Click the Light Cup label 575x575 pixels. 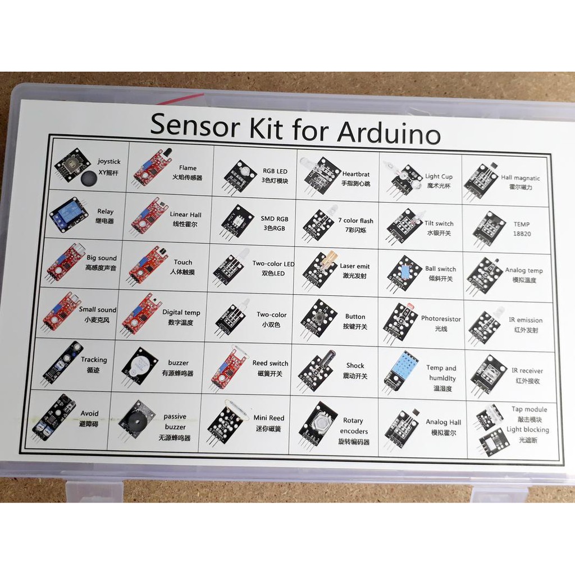tap(439, 176)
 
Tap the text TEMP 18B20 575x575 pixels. tap(521, 229)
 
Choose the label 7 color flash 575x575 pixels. tap(355, 221)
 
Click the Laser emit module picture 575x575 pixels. tap(320, 270)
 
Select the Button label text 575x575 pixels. tap(355, 317)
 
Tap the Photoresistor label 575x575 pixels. tap(441, 318)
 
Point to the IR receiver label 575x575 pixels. tap(527, 371)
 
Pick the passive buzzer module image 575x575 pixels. tap(136, 419)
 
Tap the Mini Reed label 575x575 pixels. tap(268, 418)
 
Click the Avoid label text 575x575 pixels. tap(89, 413)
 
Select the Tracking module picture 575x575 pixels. tap(63, 362)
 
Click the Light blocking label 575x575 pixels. tap(527, 430)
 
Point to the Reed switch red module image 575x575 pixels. tap(228, 367)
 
